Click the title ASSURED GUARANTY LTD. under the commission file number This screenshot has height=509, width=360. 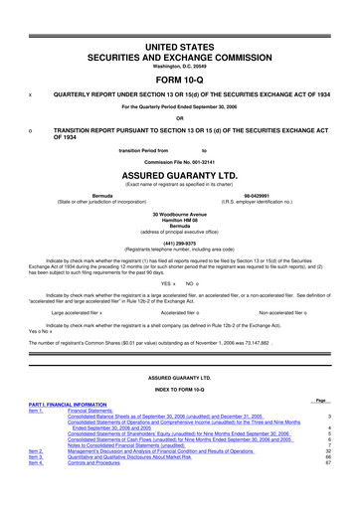(180, 169)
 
